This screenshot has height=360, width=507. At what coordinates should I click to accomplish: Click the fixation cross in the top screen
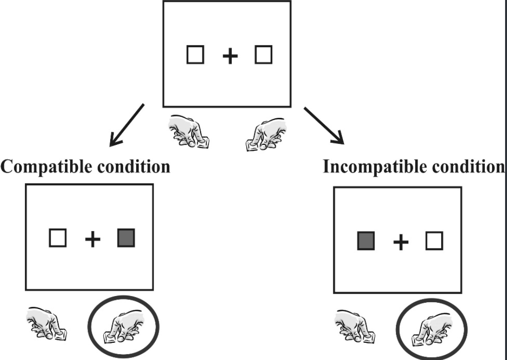coord(230,56)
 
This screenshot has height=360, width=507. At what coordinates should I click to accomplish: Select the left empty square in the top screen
coord(195,55)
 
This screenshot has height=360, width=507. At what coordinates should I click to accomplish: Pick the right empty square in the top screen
coord(264,55)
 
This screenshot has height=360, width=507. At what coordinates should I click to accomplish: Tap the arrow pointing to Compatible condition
coord(127,125)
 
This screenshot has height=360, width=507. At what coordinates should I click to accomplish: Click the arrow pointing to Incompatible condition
coord(324,126)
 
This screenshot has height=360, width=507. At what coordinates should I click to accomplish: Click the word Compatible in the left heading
coord(47,167)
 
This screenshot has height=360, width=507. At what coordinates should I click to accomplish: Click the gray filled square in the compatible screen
coord(126,238)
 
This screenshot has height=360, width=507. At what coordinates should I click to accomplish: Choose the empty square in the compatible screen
coord(58,238)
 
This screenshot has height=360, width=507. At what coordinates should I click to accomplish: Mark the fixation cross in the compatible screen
coord(93,240)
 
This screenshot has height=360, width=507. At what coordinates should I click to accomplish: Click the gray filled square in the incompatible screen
coord(366,241)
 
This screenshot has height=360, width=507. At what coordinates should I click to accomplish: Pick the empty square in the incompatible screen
coord(434,241)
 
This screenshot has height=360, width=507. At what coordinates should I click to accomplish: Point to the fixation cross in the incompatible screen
coord(401,243)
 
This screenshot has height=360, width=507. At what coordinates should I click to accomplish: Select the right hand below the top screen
coord(266,134)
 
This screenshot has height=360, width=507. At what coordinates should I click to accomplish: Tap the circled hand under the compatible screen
coord(124,327)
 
